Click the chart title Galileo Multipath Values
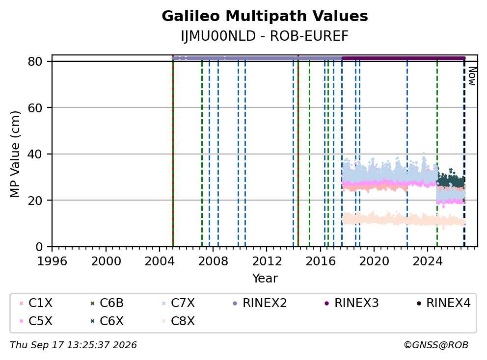[x=265, y=16]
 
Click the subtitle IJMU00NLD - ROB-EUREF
[x=265, y=36]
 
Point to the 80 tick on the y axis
[x=35, y=61]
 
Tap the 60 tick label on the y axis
[x=35, y=108]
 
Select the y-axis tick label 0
[x=39, y=247]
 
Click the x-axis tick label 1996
[x=52, y=261]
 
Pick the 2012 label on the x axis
[x=267, y=261]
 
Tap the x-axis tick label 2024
[x=428, y=261]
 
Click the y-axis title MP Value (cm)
[x=15, y=154]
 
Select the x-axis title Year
[x=265, y=279]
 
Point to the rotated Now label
[x=472, y=77]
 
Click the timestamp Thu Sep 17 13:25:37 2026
[x=73, y=345]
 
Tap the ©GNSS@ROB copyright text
[x=436, y=345]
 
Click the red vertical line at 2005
[x=173, y=152]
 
